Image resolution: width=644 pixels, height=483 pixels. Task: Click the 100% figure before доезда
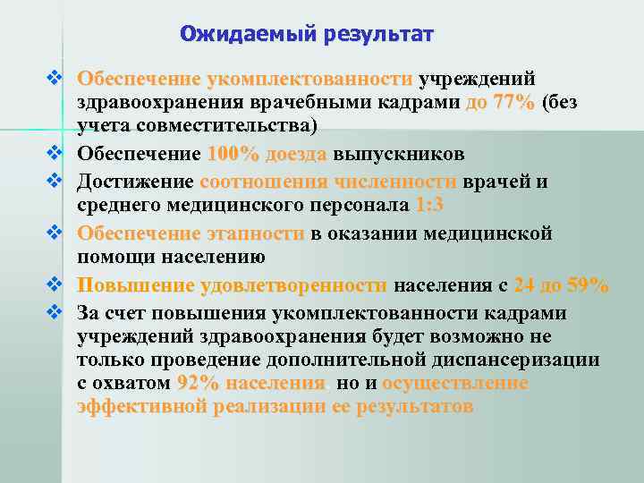[x=232, y=153]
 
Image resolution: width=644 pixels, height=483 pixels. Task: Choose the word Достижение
[x=135, y=182]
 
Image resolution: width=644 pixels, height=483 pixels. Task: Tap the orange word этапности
[x=253, y=233]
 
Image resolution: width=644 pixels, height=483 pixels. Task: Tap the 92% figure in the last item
[x=197, y=384]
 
